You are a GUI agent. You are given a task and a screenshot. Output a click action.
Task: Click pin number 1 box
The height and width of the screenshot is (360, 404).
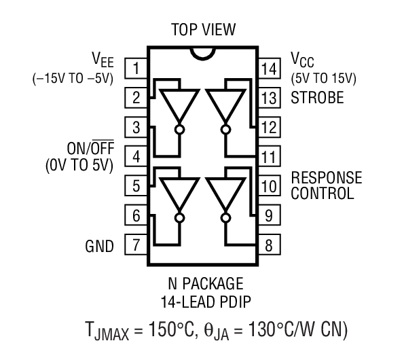[137, 68]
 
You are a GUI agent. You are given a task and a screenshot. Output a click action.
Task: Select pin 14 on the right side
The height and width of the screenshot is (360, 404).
[269, 68]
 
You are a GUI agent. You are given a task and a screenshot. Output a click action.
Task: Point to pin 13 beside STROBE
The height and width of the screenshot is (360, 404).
[269, 98]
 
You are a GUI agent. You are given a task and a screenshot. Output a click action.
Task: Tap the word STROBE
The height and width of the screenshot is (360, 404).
[317, 98]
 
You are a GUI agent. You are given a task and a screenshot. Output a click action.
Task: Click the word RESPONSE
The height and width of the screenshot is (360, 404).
[326, 178]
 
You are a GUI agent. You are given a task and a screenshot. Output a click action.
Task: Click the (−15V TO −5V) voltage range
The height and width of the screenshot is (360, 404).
[73, 77]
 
